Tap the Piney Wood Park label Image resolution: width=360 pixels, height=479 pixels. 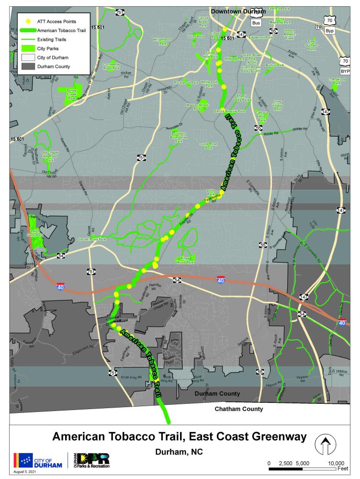187,260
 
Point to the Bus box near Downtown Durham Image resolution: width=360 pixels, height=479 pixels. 257,23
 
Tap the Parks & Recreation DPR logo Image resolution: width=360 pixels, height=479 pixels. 92,460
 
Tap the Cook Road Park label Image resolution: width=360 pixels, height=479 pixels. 209,146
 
